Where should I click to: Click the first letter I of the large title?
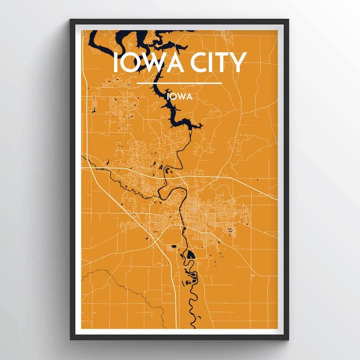[116, 63]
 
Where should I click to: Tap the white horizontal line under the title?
[179, 83]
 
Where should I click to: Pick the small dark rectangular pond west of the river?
[174, 246]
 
